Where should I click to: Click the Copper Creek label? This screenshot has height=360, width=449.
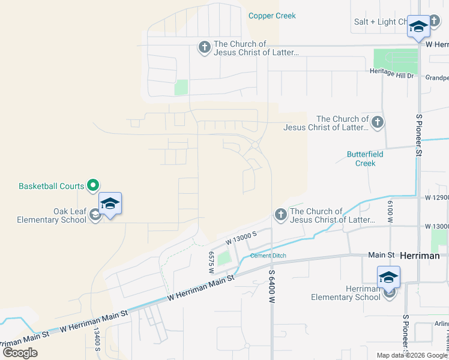(272, 16)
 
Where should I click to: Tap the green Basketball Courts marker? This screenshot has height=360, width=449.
(93, 186)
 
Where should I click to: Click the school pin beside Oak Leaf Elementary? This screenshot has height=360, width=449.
(110, 205)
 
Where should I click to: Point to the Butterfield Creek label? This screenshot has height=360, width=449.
(365, 158)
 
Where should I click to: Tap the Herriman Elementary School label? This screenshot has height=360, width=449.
(346, 293)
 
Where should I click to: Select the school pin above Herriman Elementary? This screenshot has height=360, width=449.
(388, 278)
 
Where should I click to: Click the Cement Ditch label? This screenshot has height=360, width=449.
(268, 256)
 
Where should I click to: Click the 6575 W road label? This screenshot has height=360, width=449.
(211, 262)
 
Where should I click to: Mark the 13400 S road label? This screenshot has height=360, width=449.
(96, 340)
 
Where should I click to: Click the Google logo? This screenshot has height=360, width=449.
(20, 352)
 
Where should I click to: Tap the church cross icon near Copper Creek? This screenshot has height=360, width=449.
(204, 47)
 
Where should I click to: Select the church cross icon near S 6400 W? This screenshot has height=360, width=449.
(280, 214)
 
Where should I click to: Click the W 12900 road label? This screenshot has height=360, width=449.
(436, 197)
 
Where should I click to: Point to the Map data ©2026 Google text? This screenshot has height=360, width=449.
(411, 355)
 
